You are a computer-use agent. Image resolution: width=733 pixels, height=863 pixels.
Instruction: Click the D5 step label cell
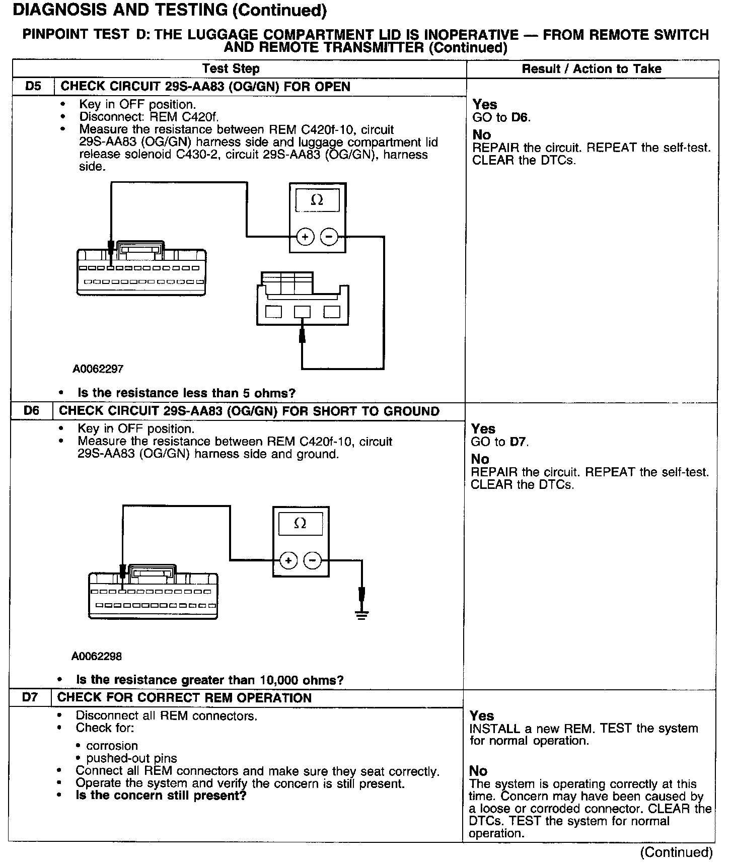(x=33, y=87)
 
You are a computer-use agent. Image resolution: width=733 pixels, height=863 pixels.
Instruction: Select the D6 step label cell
(x=31, y=411)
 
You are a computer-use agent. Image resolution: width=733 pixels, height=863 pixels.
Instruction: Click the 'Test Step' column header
(x=231, y=69)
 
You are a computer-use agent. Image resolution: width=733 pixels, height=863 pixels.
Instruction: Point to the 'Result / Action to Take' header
(x=592, y=69)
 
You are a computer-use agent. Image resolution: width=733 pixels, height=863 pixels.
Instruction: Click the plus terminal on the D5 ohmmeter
(x=305, y=236)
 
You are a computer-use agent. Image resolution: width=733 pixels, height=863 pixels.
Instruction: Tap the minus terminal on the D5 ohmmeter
(x=329, y=236)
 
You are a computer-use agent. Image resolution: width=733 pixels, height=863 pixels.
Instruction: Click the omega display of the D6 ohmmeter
(x=300, y=524)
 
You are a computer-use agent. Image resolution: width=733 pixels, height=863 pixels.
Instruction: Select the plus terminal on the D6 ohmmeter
(x=288, y=560)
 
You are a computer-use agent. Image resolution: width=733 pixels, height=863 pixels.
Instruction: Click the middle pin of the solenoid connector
(x=302, y=312)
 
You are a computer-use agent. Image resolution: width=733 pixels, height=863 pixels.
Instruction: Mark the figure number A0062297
(x=98, y=369)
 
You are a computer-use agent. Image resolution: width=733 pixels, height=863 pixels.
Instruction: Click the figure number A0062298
(x=97, y=657)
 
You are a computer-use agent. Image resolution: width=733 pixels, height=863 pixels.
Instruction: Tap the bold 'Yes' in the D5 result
(x=485, y=105)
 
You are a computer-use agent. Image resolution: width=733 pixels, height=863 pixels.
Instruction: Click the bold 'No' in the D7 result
(x=478, y=771)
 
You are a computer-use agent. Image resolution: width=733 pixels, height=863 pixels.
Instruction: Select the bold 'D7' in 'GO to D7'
(x=519, y=442)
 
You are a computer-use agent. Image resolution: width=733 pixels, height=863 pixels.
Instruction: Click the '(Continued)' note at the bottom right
(x=676, y=852)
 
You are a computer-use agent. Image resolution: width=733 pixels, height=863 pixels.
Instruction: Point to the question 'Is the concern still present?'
(x=161, y=796)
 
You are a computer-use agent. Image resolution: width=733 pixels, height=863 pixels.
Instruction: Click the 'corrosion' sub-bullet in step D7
(x=112, y=746)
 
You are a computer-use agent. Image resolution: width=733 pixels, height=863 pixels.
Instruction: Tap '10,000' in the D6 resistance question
(x=279, y=680)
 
